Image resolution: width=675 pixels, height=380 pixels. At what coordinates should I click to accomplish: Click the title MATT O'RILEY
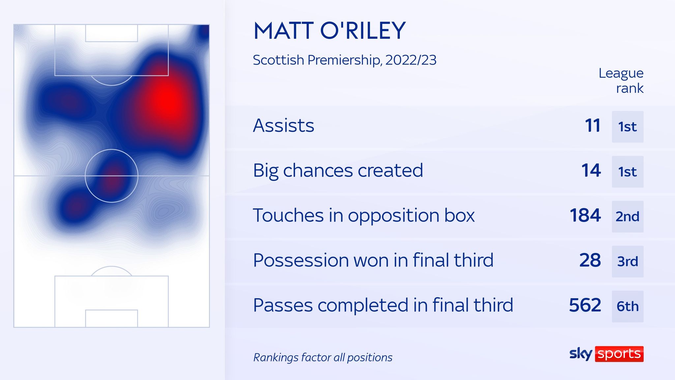click(x=329, y=31)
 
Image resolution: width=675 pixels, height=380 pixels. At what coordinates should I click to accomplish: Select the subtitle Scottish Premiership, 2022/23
click(x=344, y=60)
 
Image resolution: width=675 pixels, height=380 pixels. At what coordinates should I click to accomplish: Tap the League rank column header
click(x=621, y=80)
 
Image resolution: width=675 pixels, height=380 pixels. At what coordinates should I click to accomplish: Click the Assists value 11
click(x=592, y=126)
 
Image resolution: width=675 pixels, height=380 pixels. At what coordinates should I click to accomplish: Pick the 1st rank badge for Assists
click(x=628, y=127)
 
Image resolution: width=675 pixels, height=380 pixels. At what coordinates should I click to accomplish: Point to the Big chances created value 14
click(x=591, y=171)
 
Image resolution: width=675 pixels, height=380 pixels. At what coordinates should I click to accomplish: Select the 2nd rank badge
click(x=628, y=217)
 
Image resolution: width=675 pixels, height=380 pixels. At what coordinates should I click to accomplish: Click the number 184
click(x=585, y=215)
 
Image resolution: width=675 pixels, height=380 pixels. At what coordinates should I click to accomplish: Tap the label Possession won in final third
click(x=373, y=260)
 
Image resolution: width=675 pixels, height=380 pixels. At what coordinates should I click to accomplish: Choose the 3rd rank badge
click(x=628, y=262)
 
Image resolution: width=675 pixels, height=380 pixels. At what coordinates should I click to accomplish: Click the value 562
click(x=585, y=305)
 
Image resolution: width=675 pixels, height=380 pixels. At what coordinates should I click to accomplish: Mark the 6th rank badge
click(x=628, y=306)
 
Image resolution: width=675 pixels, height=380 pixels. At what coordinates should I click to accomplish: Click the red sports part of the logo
click(x=619, y=354)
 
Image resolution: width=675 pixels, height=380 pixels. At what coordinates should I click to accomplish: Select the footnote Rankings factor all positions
click(x=323, y=358)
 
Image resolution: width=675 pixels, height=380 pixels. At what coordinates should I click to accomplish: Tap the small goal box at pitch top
click(x=111, y=33)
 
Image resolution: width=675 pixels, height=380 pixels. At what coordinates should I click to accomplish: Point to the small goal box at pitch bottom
click(x=111, y=318)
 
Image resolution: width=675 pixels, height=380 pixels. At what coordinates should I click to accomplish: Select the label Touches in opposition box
click(x=364, y=215)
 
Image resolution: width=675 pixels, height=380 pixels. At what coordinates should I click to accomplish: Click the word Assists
click(x=283, y=126)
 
